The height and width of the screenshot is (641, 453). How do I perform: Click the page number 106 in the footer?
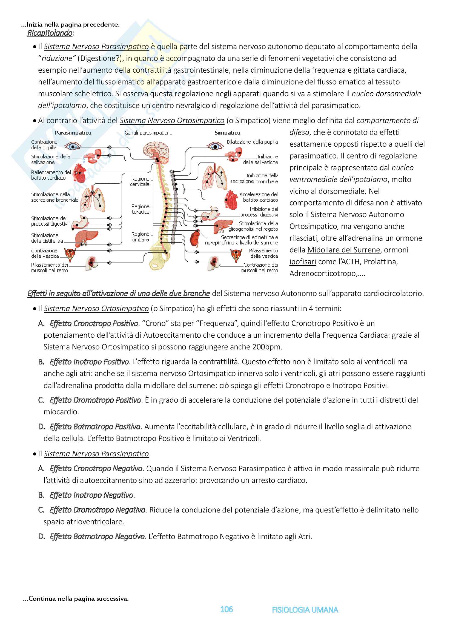click(x=226, y=609)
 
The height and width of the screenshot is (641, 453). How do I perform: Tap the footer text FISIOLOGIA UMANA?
click(x=305, y=610)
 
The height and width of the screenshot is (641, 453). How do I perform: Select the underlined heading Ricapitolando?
click(x=50, y=33)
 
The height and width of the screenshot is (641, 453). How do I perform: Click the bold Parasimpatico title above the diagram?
click(x=73, y=133)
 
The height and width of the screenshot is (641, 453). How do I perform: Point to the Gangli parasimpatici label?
click(x=146, y=133)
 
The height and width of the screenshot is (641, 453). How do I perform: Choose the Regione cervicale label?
click(x=140, y=181)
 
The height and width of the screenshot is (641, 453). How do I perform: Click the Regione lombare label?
click(x=140, y=237)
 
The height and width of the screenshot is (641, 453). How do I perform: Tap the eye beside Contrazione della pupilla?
click(x=73, y=146)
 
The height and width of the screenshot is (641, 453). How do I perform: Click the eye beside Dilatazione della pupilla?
click(x=215, y=146)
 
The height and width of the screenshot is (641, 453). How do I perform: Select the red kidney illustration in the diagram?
click(x=195, y=238)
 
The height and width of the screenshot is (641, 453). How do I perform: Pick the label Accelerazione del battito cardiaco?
click(x=259, y=197)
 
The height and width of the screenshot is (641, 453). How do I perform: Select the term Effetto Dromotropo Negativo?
click(x=97, y=510)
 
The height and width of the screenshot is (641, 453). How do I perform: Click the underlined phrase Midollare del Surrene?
click(x=344, y=250)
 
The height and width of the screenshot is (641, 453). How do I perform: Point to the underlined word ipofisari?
click(x=303, y=262)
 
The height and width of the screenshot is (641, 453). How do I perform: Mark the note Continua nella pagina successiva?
click(x=76, y=598)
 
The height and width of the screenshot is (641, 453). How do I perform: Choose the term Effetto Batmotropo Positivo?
click(x=95, y=427)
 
